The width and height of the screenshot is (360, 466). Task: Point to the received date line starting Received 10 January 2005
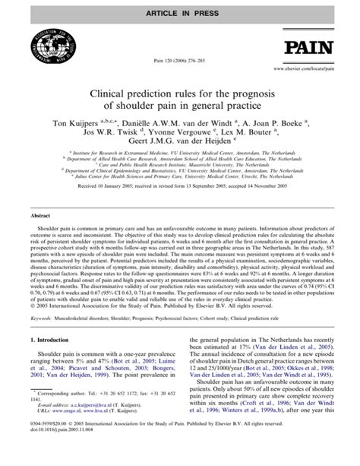[180, 204]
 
